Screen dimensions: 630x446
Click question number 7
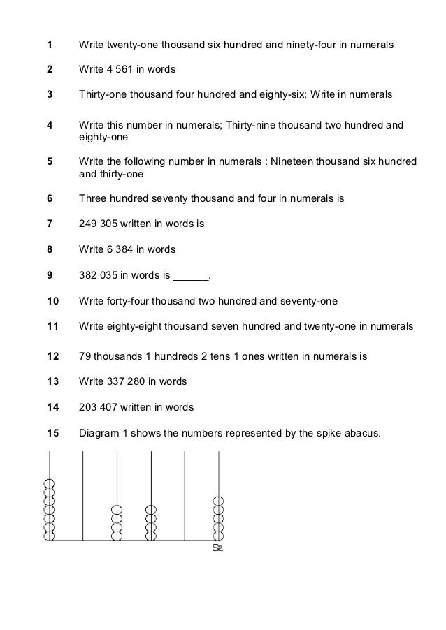point(49,224)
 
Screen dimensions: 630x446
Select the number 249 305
point(100,224)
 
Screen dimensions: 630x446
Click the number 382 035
point(100,275)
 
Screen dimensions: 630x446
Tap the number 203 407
point(100,407)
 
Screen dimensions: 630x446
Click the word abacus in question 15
point(364,433)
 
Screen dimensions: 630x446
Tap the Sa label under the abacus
point(217,549)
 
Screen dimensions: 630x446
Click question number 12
point(52,356)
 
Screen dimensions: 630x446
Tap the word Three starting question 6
point(93,198)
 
